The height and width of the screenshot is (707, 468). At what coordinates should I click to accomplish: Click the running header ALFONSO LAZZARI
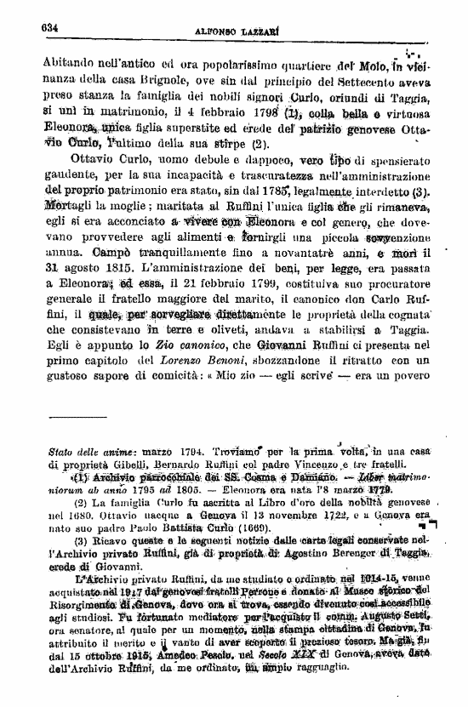234,27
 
